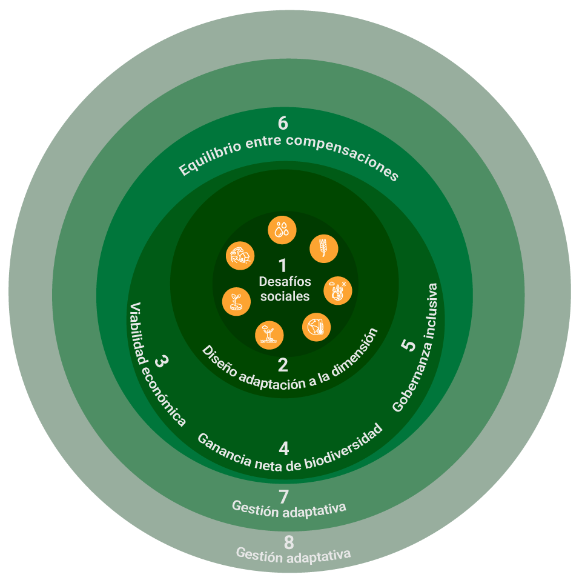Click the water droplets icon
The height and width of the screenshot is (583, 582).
coord(282,230)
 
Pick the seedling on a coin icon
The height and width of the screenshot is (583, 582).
coord(236,301)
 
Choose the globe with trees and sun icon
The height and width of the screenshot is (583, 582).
coord(338,291)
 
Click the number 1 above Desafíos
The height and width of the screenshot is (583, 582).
coord(282,265)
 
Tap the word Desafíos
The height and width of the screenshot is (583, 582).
coord(285,282)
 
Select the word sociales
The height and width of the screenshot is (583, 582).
coord(285,297)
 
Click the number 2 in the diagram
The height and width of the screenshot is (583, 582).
coord(283,365)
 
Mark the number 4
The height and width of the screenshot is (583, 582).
coord(284,448)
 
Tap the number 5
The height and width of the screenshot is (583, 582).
coord(409,345)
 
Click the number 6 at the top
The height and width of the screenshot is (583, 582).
coord(283,123)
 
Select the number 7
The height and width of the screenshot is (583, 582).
coord(284,496)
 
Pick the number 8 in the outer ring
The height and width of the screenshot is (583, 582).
coord(289,542)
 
